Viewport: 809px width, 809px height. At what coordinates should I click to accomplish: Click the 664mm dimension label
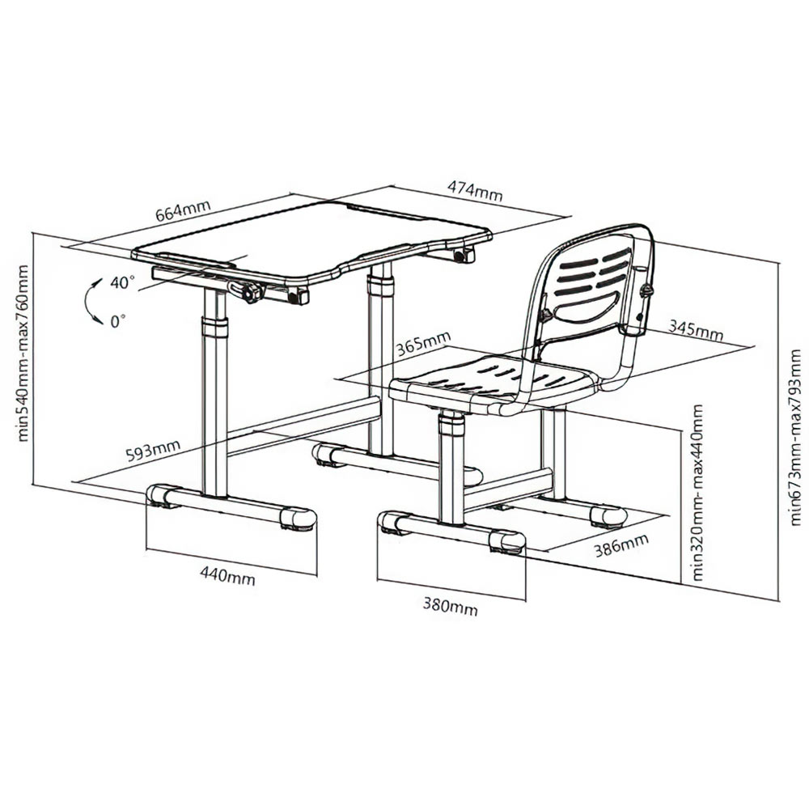(x=183, y=210)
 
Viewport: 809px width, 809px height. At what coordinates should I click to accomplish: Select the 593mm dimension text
(x=153, y=450)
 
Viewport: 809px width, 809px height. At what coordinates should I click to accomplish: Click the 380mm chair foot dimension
(x=451, y=606)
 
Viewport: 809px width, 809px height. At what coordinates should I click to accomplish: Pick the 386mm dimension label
(x=621, y=545)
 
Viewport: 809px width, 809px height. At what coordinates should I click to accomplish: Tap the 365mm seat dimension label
(x=424, y=344)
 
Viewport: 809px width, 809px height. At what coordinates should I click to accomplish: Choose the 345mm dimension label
(x=696, y=330)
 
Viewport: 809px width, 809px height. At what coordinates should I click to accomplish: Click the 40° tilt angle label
(x=122, y=282)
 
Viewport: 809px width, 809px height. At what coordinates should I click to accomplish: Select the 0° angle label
(x=118, y=322)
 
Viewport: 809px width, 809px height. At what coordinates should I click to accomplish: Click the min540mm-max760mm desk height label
(x=23, y=353)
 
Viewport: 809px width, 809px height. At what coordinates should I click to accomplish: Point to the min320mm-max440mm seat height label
(x=697, y=492)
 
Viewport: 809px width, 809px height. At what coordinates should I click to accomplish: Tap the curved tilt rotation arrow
(x=91, y=302)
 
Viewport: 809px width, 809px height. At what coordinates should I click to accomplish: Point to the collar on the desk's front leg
(x=214, y=328)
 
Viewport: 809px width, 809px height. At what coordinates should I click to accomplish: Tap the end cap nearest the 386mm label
(x=609, y=516)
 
